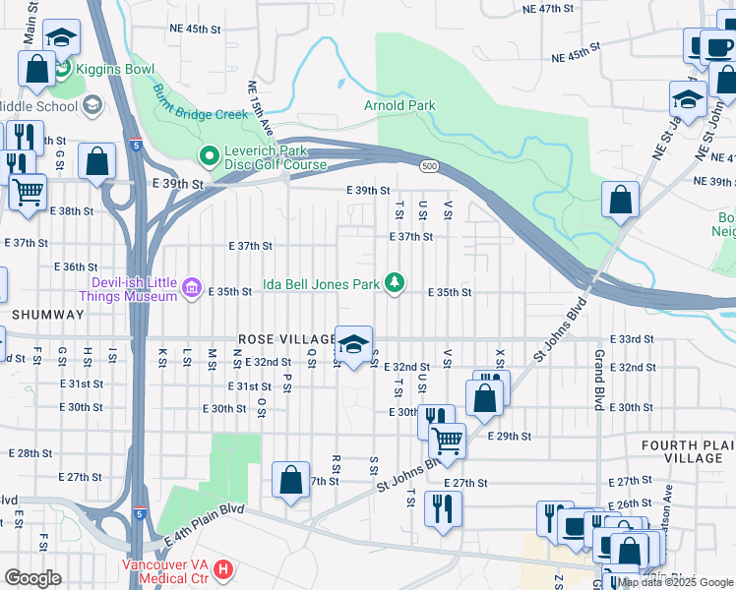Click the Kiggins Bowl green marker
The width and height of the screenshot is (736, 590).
63,70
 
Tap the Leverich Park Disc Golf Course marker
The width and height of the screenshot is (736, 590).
209,156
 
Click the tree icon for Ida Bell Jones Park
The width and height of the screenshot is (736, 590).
395,284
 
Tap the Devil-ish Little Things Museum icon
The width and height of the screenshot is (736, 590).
192,290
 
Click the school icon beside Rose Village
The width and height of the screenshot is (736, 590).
353,343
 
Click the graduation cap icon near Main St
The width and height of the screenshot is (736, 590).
62,37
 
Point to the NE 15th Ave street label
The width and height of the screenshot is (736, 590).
261,109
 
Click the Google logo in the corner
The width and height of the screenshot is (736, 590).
33,577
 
